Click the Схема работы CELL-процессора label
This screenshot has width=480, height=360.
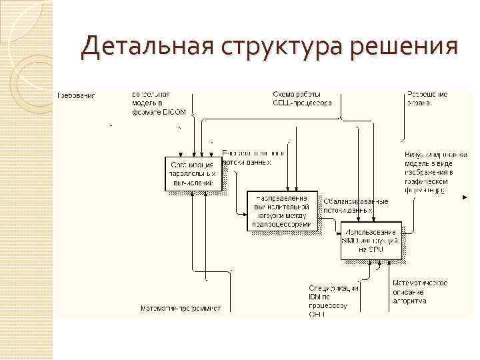click(301, 99)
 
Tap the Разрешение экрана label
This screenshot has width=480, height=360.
click(427, 99)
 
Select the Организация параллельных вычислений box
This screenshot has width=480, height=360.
click(192, 173)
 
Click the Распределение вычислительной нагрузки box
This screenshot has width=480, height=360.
click(280, 211)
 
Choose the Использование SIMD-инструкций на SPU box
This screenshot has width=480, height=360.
click(371, 240)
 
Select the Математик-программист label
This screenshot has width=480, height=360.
click(180, 309)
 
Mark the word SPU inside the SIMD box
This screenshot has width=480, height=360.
click(377, 249)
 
